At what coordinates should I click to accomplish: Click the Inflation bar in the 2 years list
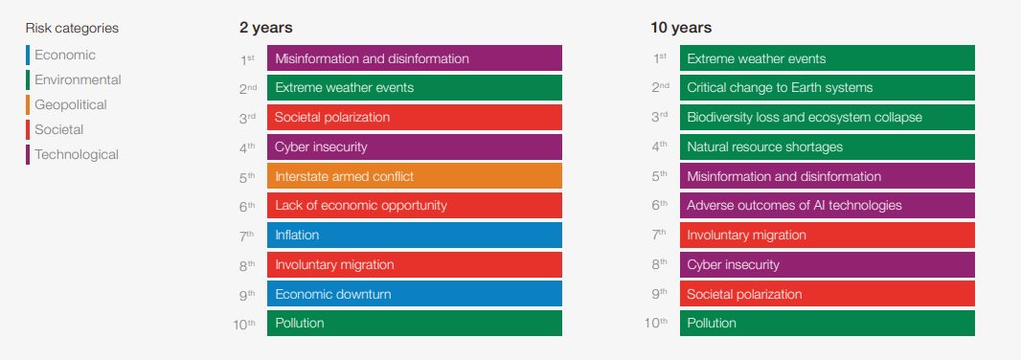click(414, 235)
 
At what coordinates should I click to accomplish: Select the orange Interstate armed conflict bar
click(414, 176)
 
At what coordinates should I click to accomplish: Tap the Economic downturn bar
click(414, 294)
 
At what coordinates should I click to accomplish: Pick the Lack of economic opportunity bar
click(414, 206)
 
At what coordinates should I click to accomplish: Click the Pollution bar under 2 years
click(414, 323)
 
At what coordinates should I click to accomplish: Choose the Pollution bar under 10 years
click(827, 323)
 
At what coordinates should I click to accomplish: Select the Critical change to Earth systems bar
click(827, 88)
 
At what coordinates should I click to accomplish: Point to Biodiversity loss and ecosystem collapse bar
click(827, 117)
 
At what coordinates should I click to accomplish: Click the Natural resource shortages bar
click(827, 146)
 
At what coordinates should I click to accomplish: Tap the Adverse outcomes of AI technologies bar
click(827, 206)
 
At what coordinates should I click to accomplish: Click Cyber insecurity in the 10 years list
click(827, 264)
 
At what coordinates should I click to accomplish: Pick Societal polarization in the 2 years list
click(414, 117)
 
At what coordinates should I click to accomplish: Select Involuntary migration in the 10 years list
click(827, 235)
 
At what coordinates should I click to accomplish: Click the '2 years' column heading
click(265, 28)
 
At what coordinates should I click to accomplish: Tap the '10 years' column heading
click(680, 28)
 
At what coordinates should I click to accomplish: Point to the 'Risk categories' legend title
click(72, 28)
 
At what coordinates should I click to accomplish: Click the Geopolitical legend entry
click(70, 104)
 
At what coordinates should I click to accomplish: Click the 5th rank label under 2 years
click(247, 176)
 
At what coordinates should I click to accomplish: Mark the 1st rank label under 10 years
click(660, 59)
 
